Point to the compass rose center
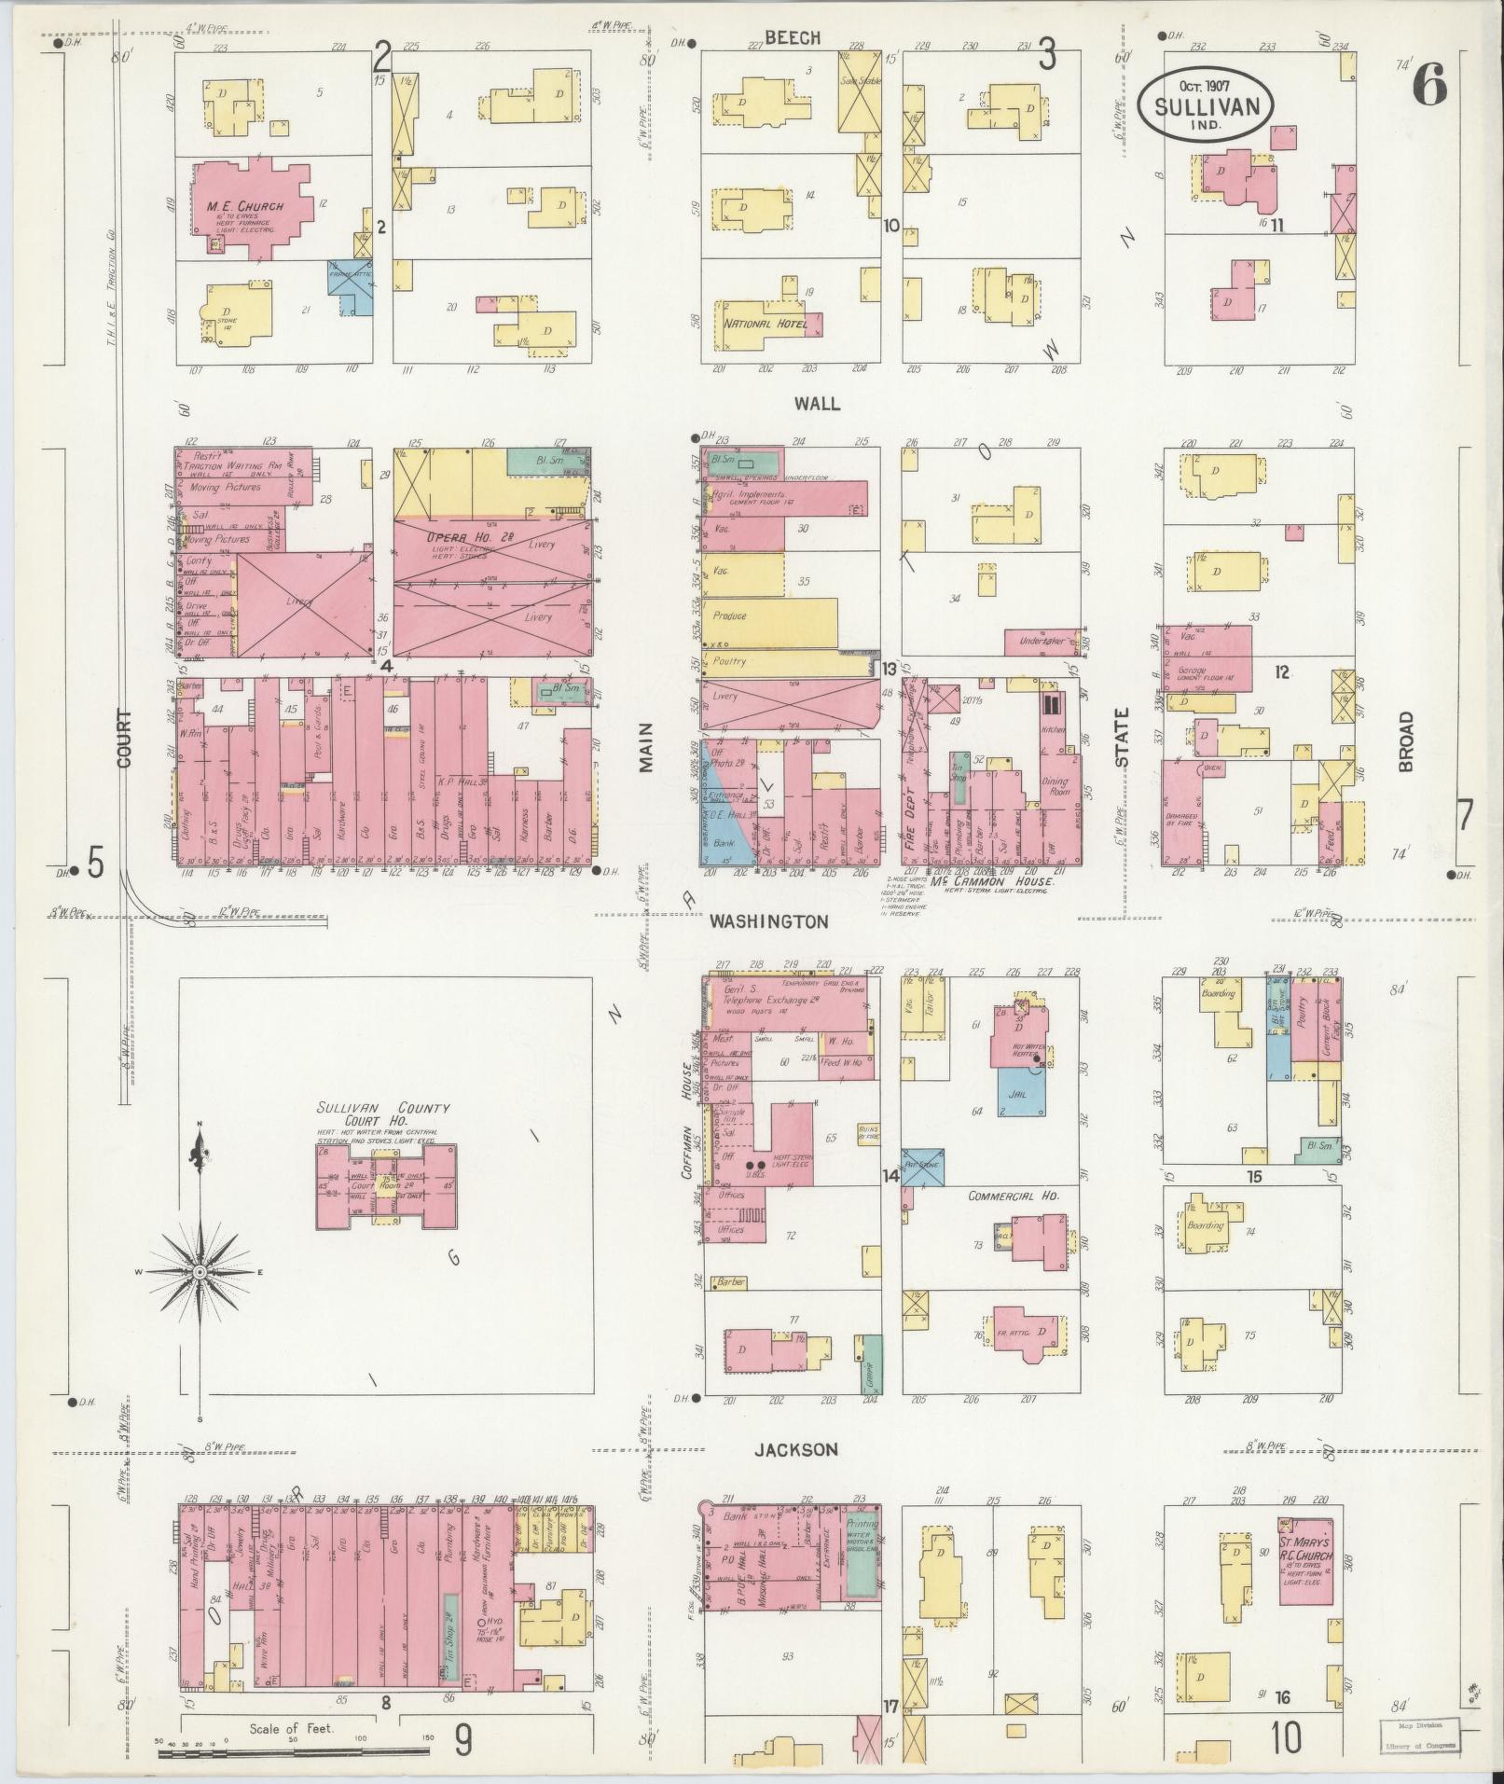tap(200, 1272)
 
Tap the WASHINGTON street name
tap(768, 921)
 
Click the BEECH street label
tap(793, 38)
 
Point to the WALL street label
tap(817, 404)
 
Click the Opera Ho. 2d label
tap(465, 538)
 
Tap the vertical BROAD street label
tap(1406, 741)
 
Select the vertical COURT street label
tap(125, 739)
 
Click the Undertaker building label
tap(1042, 643)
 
